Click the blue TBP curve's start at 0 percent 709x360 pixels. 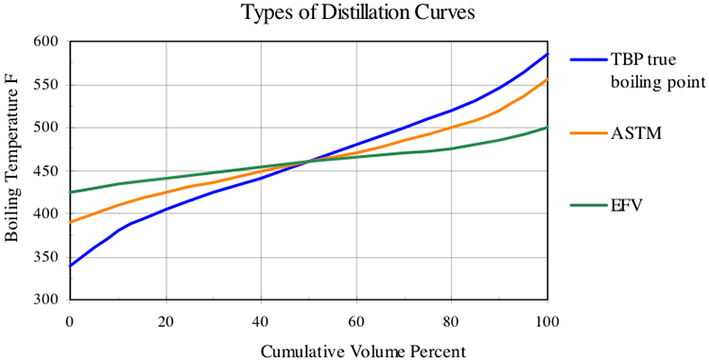[70, 266]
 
